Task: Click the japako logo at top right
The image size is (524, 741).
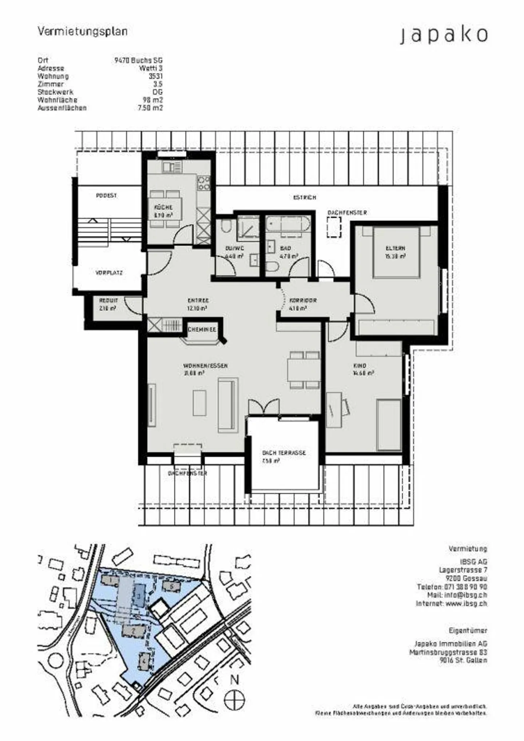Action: tap(444, 35)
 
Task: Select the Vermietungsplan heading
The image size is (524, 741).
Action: tap(83, 32)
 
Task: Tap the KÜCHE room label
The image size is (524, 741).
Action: tap(163, 207)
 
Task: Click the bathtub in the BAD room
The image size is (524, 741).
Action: tap(287, 224)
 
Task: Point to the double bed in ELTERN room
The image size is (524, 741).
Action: tap(396, 252)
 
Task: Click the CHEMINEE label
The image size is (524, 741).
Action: tap(202, 330)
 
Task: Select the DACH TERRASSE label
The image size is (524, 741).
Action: tap(284, 453)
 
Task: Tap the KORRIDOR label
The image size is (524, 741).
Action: tap(303, 300)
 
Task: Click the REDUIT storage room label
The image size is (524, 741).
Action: tap(108, 300)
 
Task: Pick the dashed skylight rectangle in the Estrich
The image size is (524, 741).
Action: tap(334, 227)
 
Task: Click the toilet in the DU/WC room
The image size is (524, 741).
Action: tap(226, 226)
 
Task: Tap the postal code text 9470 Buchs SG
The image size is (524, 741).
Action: tap(138, 60)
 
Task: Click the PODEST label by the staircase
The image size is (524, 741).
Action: tap(106, 196)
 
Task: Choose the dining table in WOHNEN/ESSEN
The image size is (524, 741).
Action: tap(304, 370)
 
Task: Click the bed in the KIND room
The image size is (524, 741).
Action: tap(389, 425)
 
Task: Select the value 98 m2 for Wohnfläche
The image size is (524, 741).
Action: tap(152, 100)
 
